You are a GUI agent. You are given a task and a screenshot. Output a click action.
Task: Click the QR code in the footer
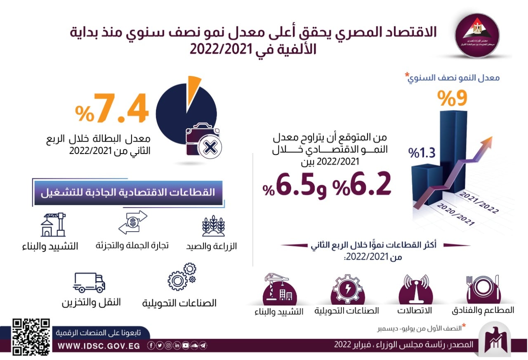pos(31,337)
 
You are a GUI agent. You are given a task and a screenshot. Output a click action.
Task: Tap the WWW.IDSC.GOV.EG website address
pos(99,346)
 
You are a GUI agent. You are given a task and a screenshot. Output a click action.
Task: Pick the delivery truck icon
pos(89,283)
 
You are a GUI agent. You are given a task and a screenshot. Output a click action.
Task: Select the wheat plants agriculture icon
pos(213,227)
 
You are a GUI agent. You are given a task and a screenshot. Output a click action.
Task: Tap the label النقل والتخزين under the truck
pos(92,302)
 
